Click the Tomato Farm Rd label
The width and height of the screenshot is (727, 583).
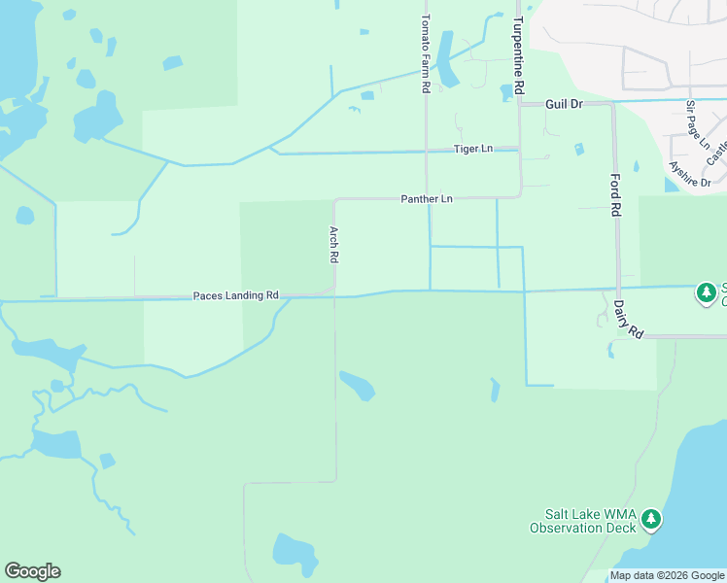point(425,53)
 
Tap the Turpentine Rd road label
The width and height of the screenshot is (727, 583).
point(520,55)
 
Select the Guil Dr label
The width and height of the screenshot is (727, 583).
point(563,103)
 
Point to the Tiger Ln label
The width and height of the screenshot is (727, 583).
point(473,149)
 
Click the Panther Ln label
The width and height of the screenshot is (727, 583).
point(427,199)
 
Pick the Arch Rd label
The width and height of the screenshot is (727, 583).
point(333,245)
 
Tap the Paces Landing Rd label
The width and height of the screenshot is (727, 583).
point(236,294)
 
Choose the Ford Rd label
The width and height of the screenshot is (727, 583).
point(615,195)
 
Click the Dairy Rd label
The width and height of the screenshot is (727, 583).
point(629,318)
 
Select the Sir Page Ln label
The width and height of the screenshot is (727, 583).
point(698,123)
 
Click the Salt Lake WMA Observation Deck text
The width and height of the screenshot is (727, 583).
point(583,522)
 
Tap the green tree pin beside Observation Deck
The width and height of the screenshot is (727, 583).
point(651,520)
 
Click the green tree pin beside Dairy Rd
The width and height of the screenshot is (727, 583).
point(707,291)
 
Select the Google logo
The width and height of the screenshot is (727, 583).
point(32,571)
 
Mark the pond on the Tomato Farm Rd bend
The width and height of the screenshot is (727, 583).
point(447,60)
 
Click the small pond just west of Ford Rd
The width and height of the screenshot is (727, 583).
point(579,150)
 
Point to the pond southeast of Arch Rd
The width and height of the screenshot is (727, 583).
point(357,385)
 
